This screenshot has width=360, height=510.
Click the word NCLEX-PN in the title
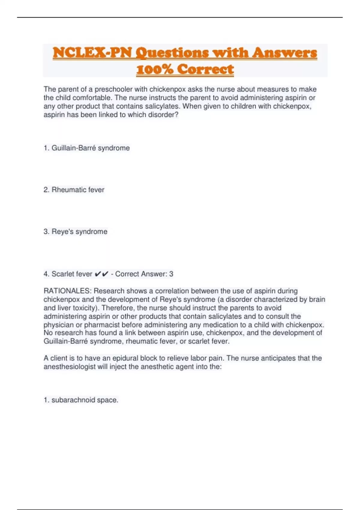coord(92,52)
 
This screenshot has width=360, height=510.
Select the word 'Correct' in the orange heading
coord(205,69)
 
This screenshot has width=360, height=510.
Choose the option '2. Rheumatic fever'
coord(74,190)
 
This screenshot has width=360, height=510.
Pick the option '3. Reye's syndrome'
coord(75,232)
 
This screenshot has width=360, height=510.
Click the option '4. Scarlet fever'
coord(68,274)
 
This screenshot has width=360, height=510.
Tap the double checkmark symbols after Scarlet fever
coord(101,274)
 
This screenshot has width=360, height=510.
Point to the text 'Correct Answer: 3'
coord(144,274)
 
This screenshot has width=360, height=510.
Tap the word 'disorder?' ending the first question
coord(163,115)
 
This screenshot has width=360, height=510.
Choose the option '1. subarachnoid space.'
coord(81,400)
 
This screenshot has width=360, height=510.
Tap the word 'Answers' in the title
coord(284,52)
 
